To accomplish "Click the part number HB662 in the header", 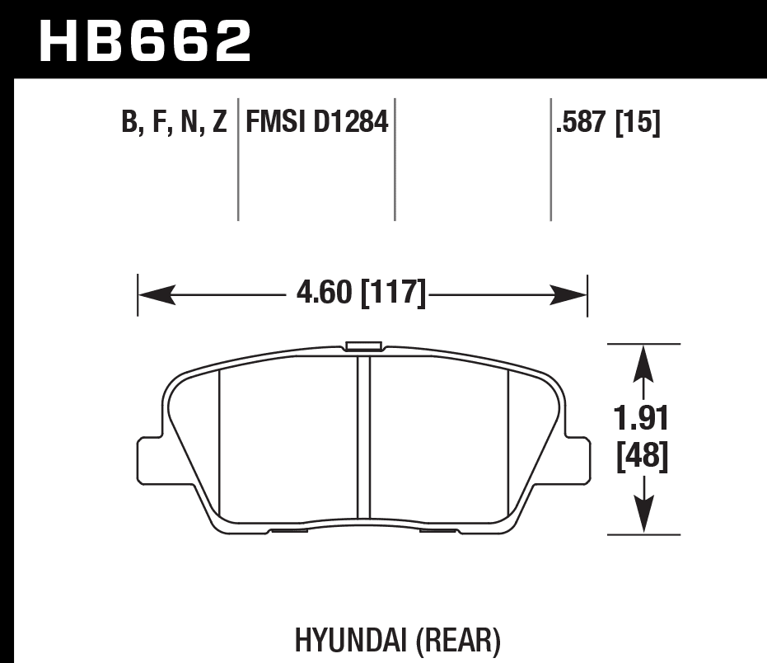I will pos(145,41).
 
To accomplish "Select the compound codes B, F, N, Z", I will pos(174,124).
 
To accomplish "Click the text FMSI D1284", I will pos(316,124).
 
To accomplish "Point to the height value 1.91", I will pos(643,419).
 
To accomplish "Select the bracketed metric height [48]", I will pos(643,456).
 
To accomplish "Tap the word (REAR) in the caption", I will pos(459,640).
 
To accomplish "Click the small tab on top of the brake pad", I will pos(363,346).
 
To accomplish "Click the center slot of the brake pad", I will pos(363,437).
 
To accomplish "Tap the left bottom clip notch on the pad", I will pos(288,529).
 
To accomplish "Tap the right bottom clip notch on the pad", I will pos(437,529).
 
